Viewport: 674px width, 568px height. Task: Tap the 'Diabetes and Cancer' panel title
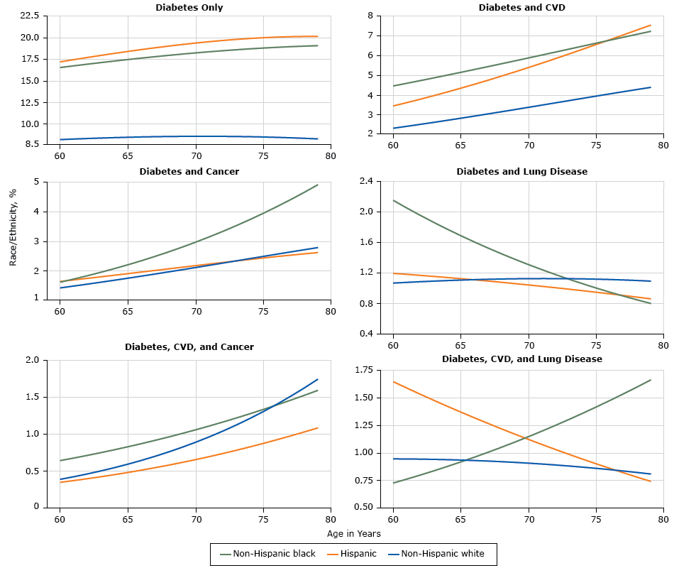coord(189,171)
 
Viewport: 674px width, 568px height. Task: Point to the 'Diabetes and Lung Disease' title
coord(521,171)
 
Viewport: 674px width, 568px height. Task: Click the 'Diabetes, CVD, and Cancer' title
coord(189,346)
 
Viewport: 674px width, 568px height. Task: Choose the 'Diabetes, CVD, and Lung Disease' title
coord(521,359)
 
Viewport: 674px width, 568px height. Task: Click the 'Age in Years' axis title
coord(354,533)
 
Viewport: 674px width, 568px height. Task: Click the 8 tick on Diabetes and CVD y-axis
coord(369,16)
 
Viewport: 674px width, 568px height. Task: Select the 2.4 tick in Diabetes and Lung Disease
coord(366,181)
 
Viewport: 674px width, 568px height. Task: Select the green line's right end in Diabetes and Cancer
coord(317,185)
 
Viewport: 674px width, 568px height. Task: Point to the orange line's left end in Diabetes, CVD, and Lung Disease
coord(393,382)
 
